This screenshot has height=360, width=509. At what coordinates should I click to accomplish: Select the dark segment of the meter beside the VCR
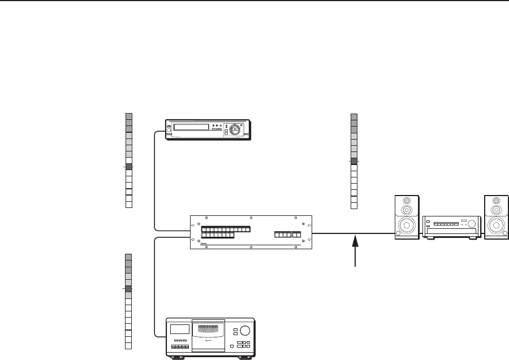click(128, 167)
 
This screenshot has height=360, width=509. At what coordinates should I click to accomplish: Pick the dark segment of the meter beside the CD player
click(128, 289)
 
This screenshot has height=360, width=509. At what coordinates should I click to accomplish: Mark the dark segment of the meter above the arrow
click(354, 161)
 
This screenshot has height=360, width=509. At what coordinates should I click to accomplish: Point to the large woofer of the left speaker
click(407, 226)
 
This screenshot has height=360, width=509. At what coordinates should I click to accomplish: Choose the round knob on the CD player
click(245, 331)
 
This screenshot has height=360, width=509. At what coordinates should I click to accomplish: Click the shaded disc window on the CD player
click(208, 336)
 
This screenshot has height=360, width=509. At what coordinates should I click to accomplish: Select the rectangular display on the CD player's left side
click(180, 329)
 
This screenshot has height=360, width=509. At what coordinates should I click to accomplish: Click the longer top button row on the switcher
click(226, 229)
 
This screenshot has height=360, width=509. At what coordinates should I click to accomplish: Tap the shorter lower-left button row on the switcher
click(217, 235)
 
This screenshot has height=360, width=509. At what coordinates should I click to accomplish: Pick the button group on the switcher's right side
click(288, 235)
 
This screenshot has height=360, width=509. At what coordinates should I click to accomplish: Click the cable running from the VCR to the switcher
click(154, 181)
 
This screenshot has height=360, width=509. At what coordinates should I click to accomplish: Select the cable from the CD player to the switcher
click(154, 283)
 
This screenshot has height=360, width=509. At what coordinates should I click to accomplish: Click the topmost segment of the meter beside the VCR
click(128, 116)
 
